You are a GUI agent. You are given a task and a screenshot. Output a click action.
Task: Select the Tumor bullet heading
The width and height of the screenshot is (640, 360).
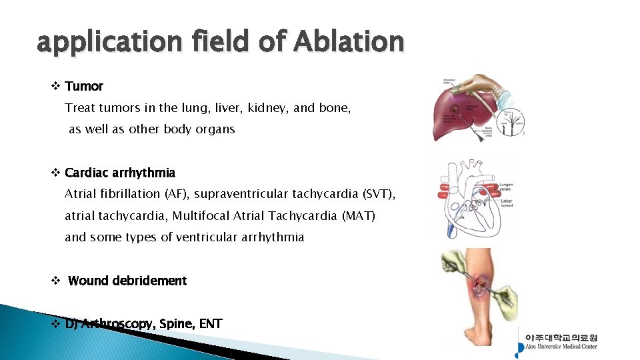click(84, 86)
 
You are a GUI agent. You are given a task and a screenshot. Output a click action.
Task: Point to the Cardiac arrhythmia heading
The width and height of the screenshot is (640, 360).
click(120, 173)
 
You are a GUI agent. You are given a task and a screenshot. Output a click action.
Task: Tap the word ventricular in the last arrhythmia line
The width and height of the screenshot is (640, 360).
click(203, 237)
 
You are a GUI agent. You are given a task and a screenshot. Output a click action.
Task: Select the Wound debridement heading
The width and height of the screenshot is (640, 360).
click(127, 281)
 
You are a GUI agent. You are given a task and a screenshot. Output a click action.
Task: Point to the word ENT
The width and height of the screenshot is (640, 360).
click(210, 323)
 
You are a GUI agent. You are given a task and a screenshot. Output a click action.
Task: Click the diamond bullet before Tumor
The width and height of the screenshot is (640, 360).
click(55, 86)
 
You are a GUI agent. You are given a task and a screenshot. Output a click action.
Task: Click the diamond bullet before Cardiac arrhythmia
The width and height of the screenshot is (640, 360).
click(55, 173)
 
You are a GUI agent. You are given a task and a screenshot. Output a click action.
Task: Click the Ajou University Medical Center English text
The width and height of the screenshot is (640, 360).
click(561, 346)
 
